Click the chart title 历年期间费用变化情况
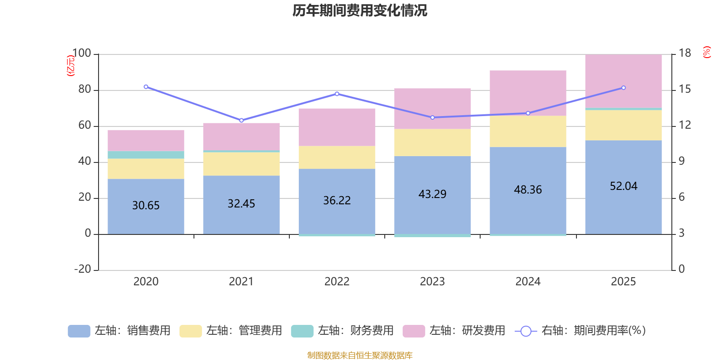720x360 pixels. (x=360, y=10)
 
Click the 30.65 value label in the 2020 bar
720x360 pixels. (x=146, y=205)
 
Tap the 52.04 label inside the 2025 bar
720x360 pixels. (x=623, y=186)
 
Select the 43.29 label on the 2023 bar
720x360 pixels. (x=432, y=194)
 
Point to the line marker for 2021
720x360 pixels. (x=242, y=120)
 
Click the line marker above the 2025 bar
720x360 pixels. (x=623, y=88)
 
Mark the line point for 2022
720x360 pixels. (x=337, y=94)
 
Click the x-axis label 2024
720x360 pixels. (x=528, y=281)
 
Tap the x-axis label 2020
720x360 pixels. (x=146, y=281)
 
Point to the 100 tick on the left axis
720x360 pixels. (x=81, y=54)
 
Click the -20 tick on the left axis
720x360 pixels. (x=83, y=269)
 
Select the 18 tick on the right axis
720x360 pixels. (x=685, y=53)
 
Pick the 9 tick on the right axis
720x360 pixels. (x=682, y=161)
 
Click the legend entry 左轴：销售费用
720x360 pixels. (x=119, y=331)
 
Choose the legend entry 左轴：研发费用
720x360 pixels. (x=454, y=331)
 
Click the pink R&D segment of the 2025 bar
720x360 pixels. (x=623, y=81)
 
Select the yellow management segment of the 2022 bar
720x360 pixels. (x=337, y=157)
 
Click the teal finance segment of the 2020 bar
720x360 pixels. (x=146, y=155)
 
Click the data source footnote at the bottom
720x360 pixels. (x=360, y=355)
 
